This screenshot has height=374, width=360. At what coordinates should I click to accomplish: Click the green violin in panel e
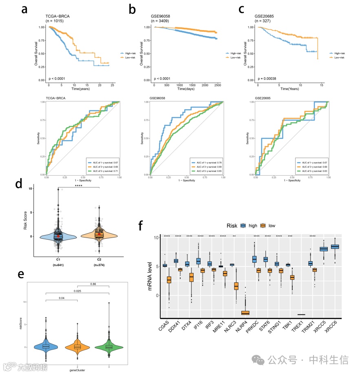[109, 346]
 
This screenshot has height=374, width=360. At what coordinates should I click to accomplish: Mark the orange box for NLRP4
[245, 312]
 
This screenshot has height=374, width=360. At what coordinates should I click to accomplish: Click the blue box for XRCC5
[323, 249]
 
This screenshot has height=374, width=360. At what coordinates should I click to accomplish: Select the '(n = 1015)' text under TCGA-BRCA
[54, 20]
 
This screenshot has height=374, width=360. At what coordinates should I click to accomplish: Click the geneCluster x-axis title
[77, 370]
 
